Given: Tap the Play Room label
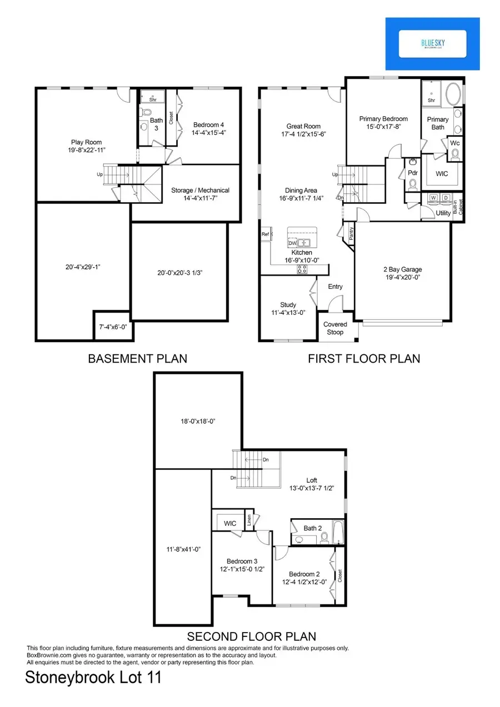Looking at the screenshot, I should (x=85, y=146).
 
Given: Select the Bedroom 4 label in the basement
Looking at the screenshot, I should (x=208, y=128).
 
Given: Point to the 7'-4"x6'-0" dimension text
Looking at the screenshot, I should (x=113, y=327).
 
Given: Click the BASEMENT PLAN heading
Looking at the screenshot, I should (x=137, y=359).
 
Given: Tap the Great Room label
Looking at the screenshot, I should (x=303, y=130).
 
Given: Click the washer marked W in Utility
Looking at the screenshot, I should (x=433, y=198).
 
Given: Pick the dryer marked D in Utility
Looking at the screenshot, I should (x=444, y=198).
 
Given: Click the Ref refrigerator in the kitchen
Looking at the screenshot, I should (x=266, y=235).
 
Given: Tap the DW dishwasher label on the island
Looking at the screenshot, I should (x=292, y=243).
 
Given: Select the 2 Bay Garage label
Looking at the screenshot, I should (x=403, y=274).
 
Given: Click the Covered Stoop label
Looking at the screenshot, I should (x=335, y=328).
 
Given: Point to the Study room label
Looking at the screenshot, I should (x=288, y=309).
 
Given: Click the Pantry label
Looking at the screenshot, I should (x=351, y=232).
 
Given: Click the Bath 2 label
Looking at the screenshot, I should (x=313, y=528).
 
